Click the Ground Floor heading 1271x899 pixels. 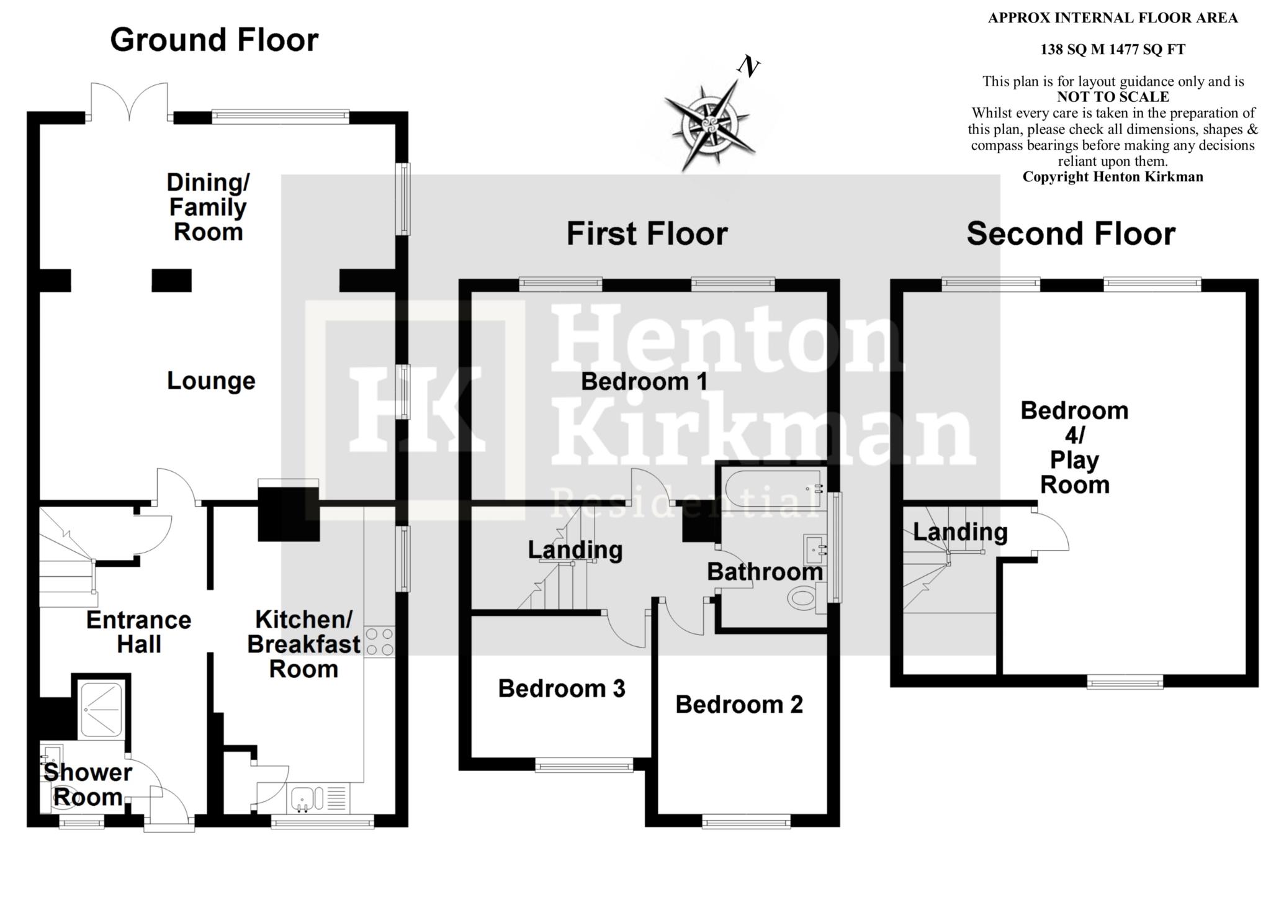[214, 40]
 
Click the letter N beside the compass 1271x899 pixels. [749, 66]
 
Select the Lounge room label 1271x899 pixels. [211, 381]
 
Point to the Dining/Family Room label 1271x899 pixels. [208, 207]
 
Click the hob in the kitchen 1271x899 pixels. [379, 641]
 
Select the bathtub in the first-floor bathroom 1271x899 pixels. [773, 489]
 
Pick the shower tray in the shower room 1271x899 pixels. [102, 710]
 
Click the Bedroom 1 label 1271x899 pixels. [644, 381]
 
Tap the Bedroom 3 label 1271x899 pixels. [562, 689]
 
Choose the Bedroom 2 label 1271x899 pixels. [739, 705]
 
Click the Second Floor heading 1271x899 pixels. [1071, 234]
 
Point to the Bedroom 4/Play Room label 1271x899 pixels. [1074, 447]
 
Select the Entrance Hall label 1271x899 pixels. [138, 632]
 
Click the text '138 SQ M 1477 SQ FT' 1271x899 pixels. [1113, 50]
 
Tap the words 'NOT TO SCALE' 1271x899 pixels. [1113, 97]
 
